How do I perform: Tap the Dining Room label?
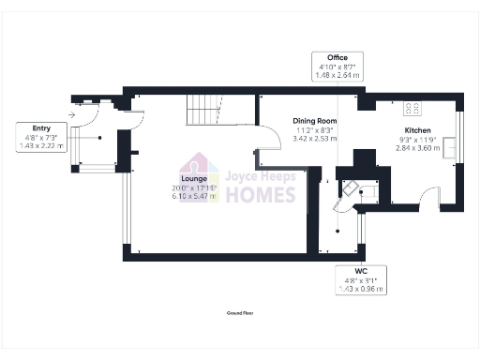314,120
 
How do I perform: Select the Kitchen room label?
417,130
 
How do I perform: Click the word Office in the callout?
337,58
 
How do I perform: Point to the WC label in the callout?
360,270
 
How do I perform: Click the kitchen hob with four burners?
411,106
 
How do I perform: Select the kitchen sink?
452,147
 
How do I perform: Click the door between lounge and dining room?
271,139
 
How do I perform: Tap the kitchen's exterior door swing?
427,198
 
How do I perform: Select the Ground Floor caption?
240,312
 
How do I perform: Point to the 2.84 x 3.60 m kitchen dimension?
417,147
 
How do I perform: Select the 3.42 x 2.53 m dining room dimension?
314,138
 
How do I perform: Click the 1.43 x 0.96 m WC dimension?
360,288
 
